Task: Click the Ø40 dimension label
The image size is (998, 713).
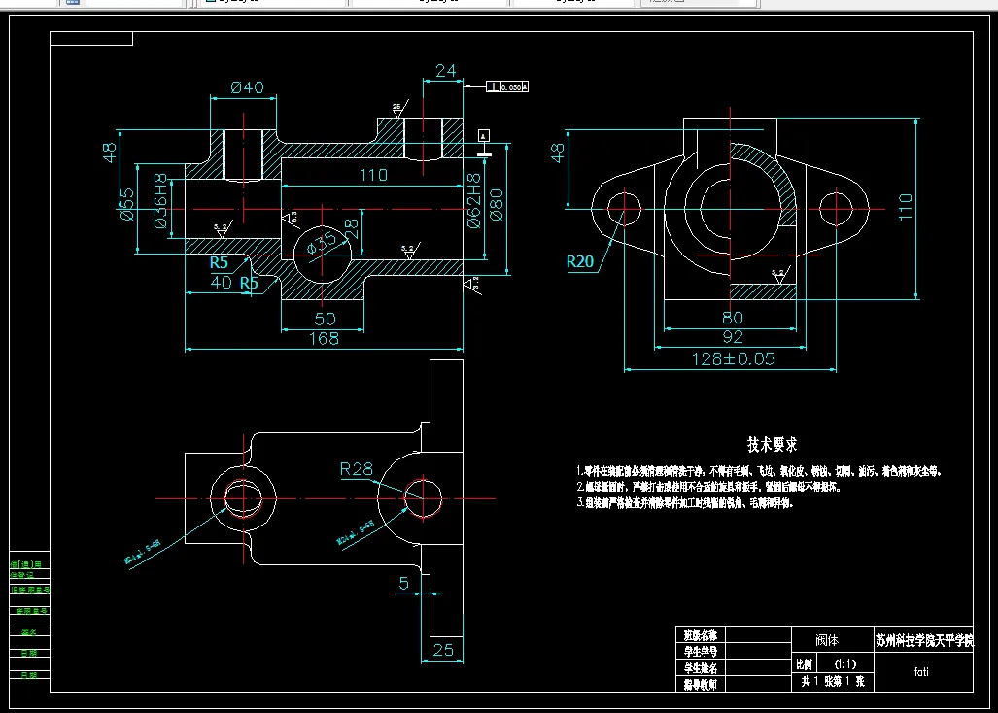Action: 248,87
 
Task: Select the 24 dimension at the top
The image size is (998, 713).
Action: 446,70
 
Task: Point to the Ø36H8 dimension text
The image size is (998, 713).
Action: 161,202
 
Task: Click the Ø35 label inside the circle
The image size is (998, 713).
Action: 323,240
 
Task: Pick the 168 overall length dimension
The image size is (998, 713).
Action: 324,338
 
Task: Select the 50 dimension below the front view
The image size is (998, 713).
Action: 324,319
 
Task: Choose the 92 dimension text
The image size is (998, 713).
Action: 733,337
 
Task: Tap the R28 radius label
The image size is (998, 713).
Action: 357,470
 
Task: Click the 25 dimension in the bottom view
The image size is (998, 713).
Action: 443,650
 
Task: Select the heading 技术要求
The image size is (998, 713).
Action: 773,445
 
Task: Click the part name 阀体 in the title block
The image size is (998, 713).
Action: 826,641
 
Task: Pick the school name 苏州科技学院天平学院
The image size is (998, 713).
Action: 924,641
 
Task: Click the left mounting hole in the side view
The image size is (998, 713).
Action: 624,207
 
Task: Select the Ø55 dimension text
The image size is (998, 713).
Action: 126,204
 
